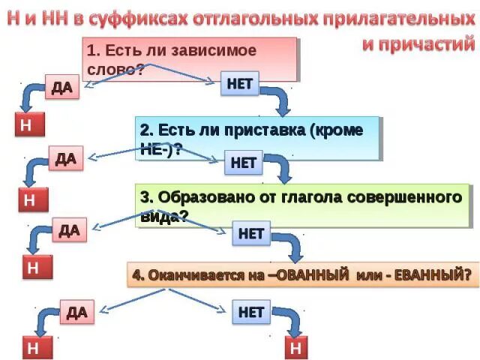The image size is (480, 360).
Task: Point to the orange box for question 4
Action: (x=303, y=275)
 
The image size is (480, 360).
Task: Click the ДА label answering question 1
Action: (x=62, y=88)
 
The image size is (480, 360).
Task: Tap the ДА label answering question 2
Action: (x=65, y=159)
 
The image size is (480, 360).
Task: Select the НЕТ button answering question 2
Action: (x=244, y=162)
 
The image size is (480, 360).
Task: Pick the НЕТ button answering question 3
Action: (x=250, y=233)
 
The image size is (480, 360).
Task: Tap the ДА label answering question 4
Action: (x=76, y=311)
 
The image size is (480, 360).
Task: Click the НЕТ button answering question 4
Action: (x=250, y=311)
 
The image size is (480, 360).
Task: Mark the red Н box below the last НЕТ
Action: (x=295, y=347)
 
